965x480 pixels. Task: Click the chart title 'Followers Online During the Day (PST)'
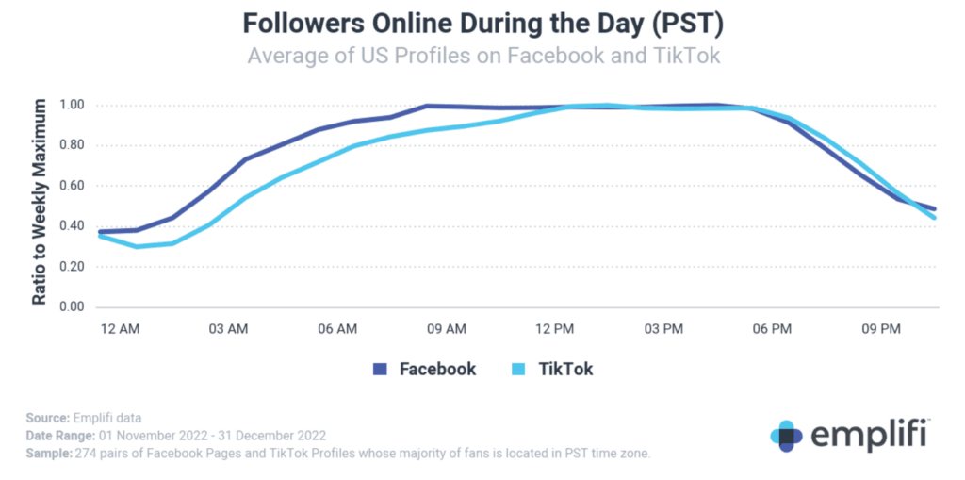[482, 23]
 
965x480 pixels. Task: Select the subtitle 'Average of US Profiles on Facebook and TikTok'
[483, 56]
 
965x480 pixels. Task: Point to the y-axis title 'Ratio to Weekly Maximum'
[40, 204]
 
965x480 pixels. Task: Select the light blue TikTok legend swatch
[518, 370]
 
